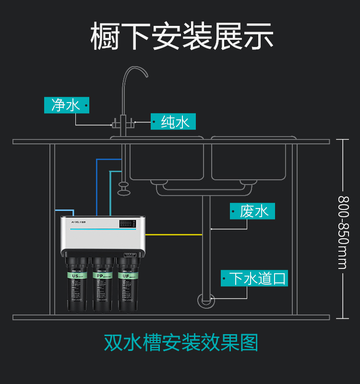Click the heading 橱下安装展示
[182, 36]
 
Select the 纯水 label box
[173, 122]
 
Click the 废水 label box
[252, 211]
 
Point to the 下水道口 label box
[254, 279]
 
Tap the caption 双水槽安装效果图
[181, 343]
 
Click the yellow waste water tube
[173, 234]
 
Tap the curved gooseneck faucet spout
[134, 72]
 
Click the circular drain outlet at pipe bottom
[205, 301]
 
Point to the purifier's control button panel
[127, 223]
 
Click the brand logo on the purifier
[78, 222]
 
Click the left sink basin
[166, 158]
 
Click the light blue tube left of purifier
[65, 210]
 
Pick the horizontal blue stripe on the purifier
[103, 229]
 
